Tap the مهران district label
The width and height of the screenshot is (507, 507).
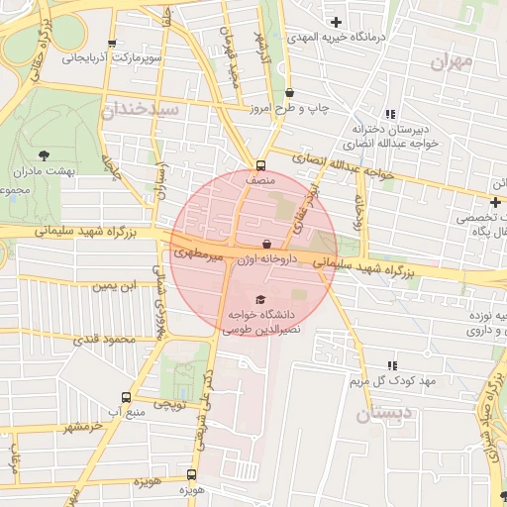coord(455,61)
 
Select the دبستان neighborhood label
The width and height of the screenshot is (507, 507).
coord(378,415)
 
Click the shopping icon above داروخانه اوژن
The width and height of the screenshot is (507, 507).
coord(266,244)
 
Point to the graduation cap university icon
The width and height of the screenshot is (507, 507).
coord(260,299)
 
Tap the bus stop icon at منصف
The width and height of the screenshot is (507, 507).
coord(260,166)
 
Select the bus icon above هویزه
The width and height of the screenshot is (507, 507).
coord(191,475)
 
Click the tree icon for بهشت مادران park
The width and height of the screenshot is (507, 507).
coord(44,154)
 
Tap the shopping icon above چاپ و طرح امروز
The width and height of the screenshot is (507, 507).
coord(289,92)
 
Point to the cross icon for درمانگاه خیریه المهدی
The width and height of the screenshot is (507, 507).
coord(337,22)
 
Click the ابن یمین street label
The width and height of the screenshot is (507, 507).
coord(111,287)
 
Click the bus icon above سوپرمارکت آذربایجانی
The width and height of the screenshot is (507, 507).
coord(112,44)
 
